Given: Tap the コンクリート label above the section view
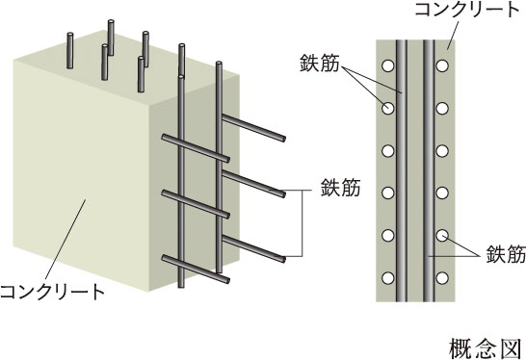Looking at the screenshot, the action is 467,10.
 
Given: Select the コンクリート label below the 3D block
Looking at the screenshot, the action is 52,292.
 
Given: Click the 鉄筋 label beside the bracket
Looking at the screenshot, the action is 340,188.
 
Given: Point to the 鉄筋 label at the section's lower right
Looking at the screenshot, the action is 506,254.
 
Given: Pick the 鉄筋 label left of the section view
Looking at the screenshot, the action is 320,63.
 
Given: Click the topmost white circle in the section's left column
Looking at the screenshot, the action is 388,65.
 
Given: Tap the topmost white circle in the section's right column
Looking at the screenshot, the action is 442,65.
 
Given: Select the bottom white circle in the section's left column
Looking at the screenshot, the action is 388,278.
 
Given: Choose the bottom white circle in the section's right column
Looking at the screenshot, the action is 442,278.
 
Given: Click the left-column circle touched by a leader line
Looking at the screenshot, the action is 388,108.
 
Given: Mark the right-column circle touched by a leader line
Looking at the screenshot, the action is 442,235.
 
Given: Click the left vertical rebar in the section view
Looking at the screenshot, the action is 402,171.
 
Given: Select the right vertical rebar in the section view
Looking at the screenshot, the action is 429,171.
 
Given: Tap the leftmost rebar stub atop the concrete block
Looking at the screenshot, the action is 69,50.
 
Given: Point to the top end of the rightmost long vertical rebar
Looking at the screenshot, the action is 219,63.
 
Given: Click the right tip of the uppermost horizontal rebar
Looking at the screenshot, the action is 284,139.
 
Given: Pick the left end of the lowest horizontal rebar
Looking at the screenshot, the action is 164,257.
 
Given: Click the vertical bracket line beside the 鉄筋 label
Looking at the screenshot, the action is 302,223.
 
